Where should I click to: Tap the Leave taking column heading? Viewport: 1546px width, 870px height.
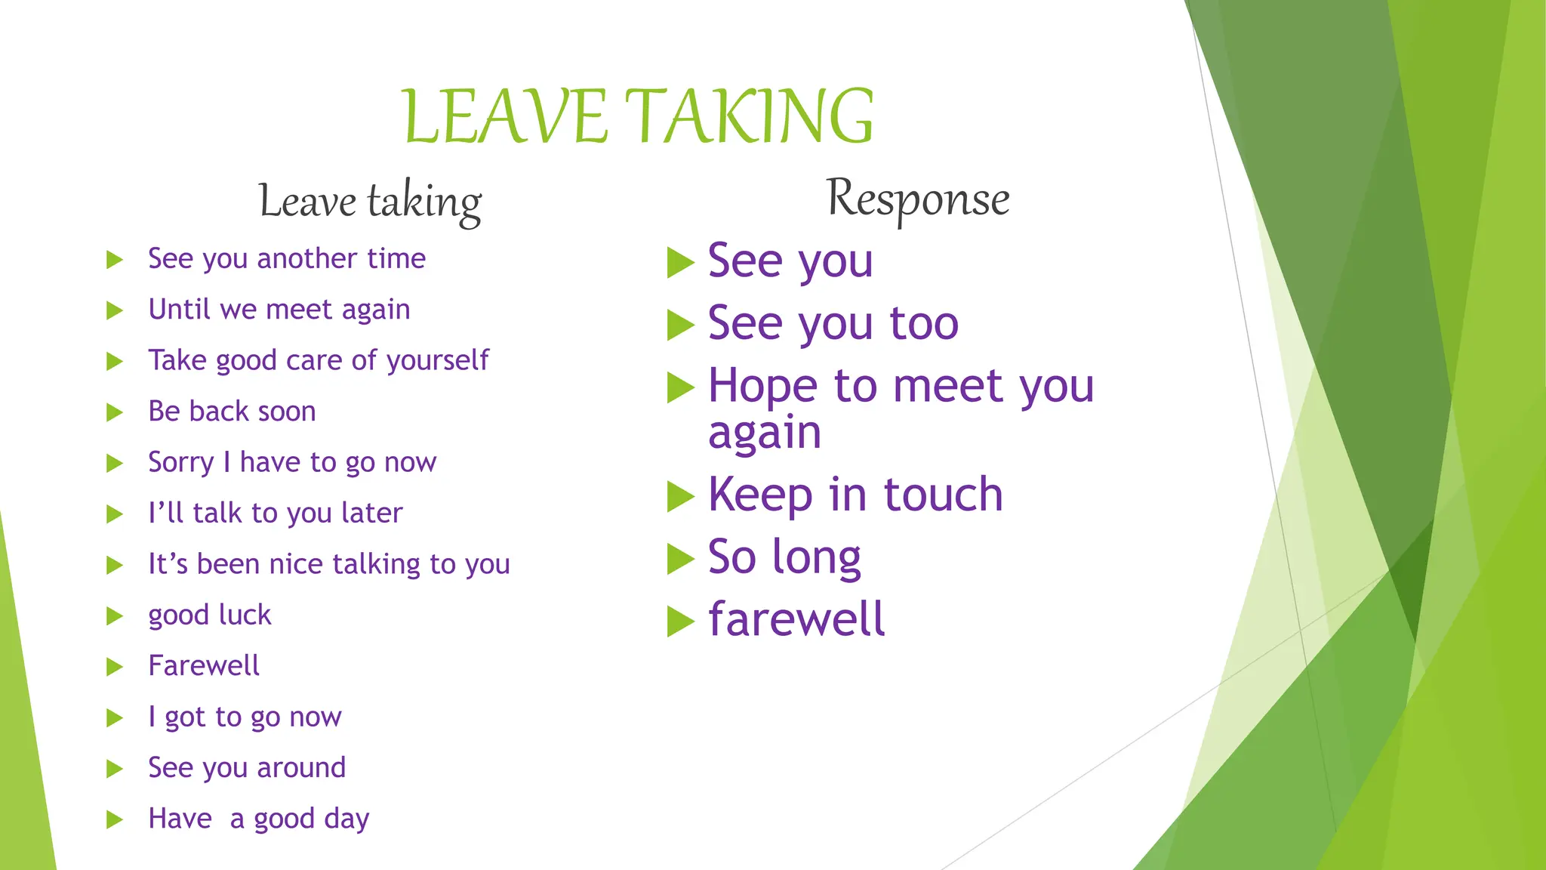pyautogui.click(x=370, y=202)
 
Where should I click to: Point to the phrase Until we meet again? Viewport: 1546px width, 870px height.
pyautogui.click(x=279, y=310)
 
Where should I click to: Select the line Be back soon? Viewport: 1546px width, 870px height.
pyautogui.click(x=232, y=412)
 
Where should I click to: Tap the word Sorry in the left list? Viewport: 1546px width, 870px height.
pyautogui.click(x=180, y=462)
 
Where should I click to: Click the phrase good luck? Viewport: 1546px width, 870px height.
pyautogui.click(x=209, y=615)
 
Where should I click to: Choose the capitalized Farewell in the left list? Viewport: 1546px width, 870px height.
pyautogui.click(x=203, y=666)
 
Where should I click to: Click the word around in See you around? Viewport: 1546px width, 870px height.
pyautogui.click(x=301, y=768)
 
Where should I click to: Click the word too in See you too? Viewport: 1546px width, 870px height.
pyautogui.click(x=923, y=324)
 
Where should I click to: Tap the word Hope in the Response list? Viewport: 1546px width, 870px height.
pyautogui.click(x=762, y=387)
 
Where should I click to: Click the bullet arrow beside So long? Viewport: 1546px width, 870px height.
pyautogui.click(x=679, y=560)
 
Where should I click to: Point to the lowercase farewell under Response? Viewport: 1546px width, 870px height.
pyautogui.click(x=796, y=619)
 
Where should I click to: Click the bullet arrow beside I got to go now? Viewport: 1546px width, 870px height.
pyautogui.click(x=115, y=717)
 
